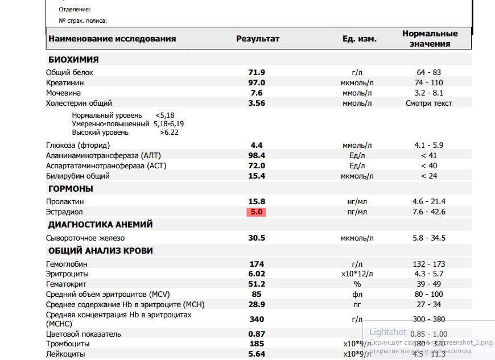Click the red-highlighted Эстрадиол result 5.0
pos(257,212)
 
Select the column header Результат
pos(258,39)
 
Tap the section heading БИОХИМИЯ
pos(73,60)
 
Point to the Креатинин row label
pos(64,82)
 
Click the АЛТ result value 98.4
pos(257,155)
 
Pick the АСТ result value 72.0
pos(257,165)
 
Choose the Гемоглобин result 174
pos(257,264)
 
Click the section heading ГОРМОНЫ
pos(71,189)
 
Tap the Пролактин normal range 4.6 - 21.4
pos(430,201)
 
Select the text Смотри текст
pos(429,104)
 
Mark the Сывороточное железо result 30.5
pos(257,238)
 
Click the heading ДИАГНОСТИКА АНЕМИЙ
pos(100,225)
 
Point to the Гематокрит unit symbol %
pos(357,284)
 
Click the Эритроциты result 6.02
pos(257,274)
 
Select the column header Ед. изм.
pos(359,39)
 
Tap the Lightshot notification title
pos(388,332)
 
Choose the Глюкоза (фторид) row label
pos(78,145)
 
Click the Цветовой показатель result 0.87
pos(257,334)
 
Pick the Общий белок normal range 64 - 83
pos(429,72)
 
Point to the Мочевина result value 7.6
pos(257,93)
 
